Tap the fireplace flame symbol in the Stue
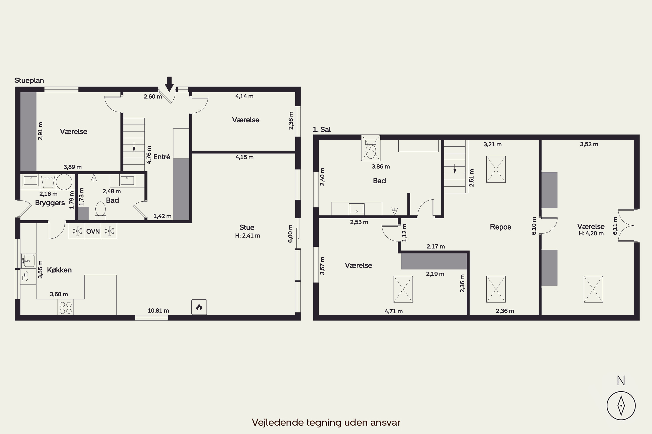point(199,307)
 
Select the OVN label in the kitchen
point(93,231)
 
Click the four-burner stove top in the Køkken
point(66,308)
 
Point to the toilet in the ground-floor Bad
point(100,210)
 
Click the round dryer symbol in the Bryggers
point(64,182)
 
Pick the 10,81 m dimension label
point(158,311)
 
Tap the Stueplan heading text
point(29,81)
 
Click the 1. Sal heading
point(322,129)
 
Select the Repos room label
point(500,227)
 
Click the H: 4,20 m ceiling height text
point(591,233)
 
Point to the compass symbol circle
point(621,406)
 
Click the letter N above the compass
point(621,381)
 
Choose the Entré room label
point(162,157)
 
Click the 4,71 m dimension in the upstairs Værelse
point(394,311)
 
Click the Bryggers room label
point(50,203)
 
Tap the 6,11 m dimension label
point(615,226)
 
